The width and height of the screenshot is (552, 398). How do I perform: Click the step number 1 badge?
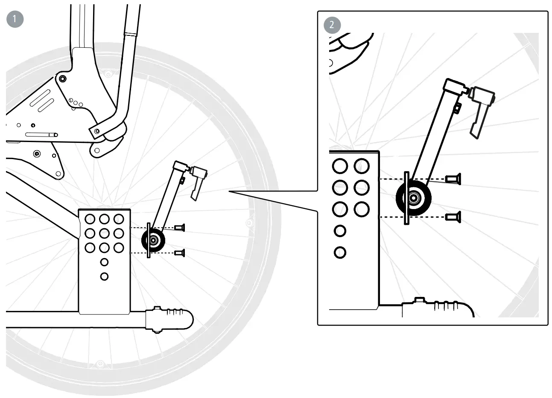coord(15,19)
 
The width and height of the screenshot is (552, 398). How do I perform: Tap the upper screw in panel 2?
coord(453,179)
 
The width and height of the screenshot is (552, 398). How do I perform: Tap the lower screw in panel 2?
coord(453,217)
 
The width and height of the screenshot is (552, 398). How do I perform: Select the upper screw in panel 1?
coord(180,228)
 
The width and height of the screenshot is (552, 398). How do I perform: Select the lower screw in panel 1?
coord(180,253)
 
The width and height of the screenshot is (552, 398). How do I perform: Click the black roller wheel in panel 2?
coord(413,198)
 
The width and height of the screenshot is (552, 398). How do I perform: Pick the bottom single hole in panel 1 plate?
coord(104,276)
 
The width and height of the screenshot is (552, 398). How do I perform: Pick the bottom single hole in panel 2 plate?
coord(340,252)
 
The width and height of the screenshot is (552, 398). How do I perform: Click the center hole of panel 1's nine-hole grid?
coord(104,233)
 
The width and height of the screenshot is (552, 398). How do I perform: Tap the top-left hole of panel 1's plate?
coord(90,219)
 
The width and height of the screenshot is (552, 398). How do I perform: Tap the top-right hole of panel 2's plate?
coord(362,166)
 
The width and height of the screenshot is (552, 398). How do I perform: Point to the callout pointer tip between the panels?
coord(230,192)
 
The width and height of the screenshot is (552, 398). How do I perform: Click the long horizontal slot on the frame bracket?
coord(41,134)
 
